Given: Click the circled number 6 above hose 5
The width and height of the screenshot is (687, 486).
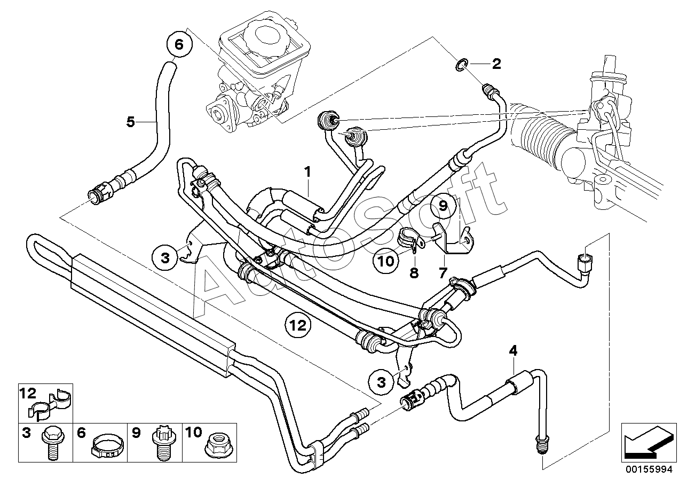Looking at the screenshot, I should [179, 45].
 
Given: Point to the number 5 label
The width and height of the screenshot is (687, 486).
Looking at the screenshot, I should [131, 122].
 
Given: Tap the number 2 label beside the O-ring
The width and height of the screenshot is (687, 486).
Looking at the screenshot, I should [496, 65].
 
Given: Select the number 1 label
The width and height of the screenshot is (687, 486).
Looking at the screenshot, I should [307, 172].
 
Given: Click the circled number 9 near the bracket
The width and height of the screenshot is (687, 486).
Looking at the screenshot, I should [444, 205].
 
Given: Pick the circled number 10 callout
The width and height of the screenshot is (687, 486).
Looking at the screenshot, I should [387, 261].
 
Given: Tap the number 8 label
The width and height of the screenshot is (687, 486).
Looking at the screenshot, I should [414, 273].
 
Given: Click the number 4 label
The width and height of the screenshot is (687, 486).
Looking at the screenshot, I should [513, 351].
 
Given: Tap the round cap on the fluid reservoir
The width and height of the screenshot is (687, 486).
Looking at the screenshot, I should [266, 35].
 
